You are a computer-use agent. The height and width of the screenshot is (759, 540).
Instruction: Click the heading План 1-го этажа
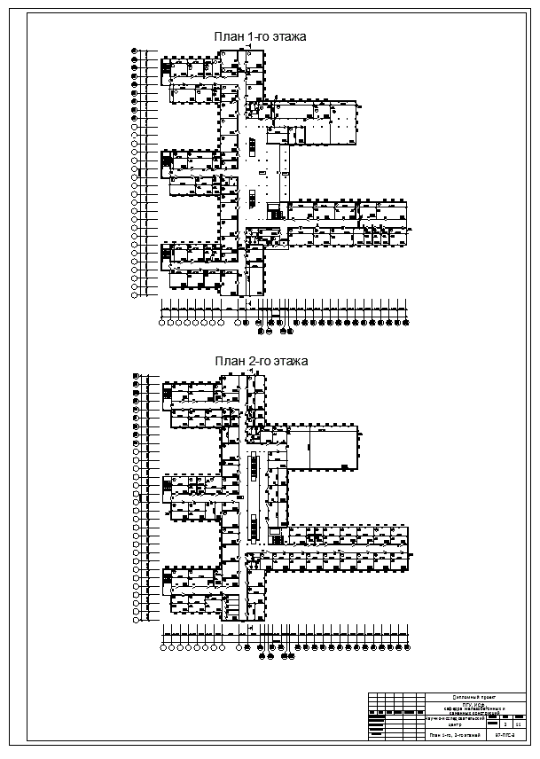click(x=260, y=37)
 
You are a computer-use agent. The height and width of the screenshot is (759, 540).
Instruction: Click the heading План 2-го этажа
click(x=260, y=362)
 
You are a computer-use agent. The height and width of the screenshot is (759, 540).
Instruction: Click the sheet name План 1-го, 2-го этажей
click(x=455, y=735)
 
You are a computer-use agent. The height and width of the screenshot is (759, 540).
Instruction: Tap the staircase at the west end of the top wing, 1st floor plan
click(x=166, y=67)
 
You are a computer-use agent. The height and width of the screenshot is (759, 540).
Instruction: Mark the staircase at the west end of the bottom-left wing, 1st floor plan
click(x=166, y=256)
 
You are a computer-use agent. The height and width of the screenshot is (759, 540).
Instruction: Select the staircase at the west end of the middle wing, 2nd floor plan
click(x=166, y=487)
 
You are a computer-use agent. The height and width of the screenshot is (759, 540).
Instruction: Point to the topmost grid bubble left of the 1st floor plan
click(x=134, y=51)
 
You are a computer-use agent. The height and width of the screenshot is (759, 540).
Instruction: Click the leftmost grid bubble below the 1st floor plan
click(x=163, y=323)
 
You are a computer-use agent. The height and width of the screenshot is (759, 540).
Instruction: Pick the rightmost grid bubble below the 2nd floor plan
click(x=405, y=647)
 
